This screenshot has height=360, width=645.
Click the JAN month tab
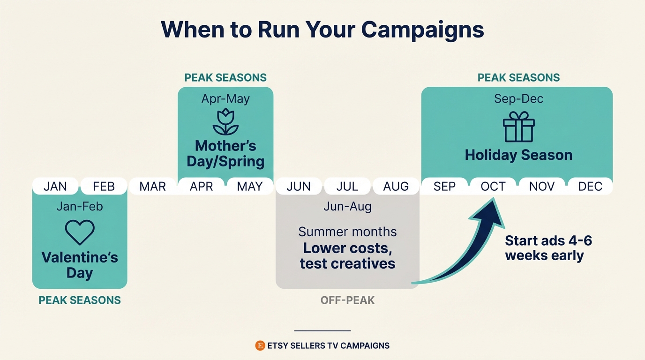point(55,186)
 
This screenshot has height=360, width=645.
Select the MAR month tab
point(153,186)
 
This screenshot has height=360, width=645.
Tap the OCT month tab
point(493,186)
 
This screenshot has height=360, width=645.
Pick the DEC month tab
point(590,186)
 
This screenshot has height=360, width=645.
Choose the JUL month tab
point(347,186)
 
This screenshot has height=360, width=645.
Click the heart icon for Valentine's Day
point(80,232)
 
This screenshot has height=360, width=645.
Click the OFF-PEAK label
point(347,300)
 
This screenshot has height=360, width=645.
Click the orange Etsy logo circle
point(260,345)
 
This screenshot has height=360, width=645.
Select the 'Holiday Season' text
point(518,155)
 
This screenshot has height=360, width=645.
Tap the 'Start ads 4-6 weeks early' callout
point(548,248)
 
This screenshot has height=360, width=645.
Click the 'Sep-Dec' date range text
point(518,99)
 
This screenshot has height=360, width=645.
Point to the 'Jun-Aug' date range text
point(347,207)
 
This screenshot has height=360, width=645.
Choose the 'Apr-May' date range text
point(225,99)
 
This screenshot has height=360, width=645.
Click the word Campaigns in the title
point(422,30)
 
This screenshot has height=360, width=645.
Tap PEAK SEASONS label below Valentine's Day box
point(80,300)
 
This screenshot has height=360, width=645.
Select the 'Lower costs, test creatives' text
point(347,255)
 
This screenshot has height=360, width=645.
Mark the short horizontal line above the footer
point(322,330)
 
